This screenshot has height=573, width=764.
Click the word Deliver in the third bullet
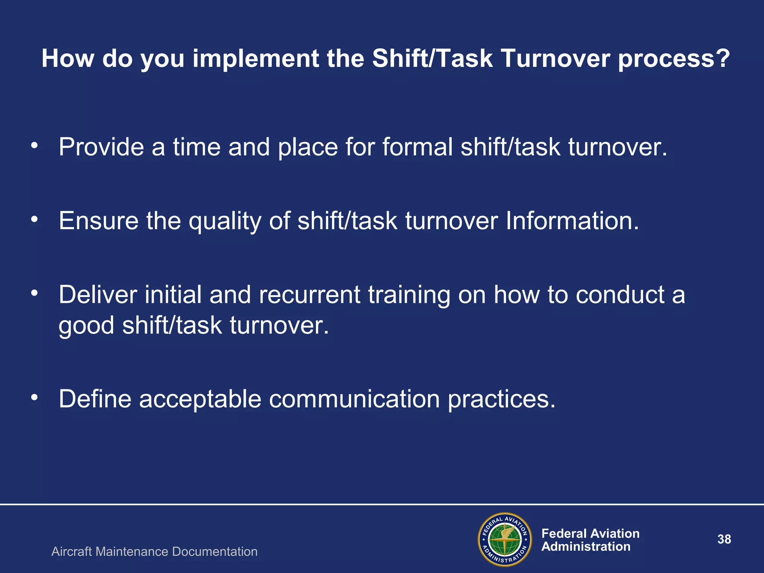pos(98,295)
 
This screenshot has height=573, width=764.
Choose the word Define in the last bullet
pos(95,399)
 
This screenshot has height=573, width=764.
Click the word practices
pos(501,400)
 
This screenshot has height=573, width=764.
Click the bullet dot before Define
pos(35,398)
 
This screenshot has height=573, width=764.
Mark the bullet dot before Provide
pos(35,145)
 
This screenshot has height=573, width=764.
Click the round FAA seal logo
pos(505,539)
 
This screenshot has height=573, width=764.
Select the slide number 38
pos(724,539)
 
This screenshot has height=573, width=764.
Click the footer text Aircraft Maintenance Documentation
pos(154,552)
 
